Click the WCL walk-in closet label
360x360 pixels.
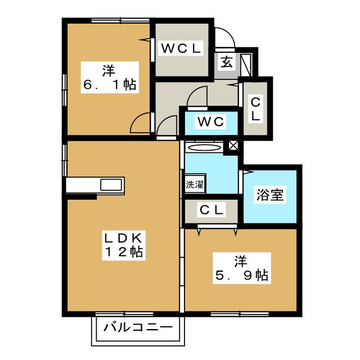(181, 49)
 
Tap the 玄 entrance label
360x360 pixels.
(226, 62)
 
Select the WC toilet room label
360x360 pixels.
(210, 121)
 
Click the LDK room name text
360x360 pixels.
(122, 236)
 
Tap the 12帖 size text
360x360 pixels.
(122, 252)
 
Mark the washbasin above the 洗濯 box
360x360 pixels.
(204, 147)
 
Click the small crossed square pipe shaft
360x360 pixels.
(232, 146)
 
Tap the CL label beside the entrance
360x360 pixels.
(255, 109)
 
